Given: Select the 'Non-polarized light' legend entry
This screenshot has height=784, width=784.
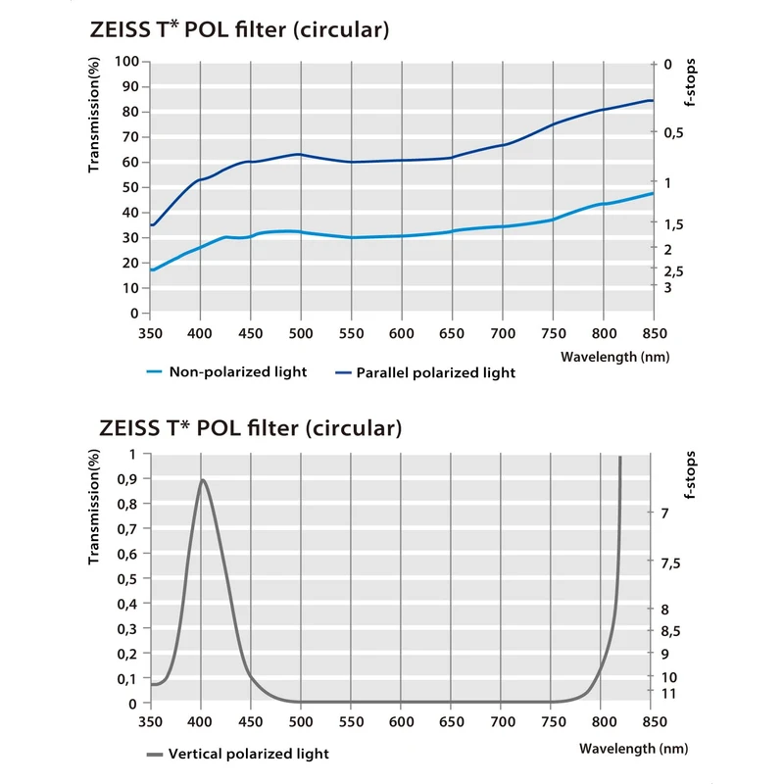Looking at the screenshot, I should point(238,371).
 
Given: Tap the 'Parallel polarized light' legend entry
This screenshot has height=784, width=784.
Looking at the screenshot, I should point(435,372).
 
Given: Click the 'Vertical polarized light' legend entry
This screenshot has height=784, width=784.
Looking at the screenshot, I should point(249,754).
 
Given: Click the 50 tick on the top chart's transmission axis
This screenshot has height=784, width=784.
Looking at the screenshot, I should point(128,187).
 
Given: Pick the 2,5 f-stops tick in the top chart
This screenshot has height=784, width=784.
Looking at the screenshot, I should point(673,270).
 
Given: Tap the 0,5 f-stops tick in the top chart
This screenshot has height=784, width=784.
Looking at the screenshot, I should point(673,133).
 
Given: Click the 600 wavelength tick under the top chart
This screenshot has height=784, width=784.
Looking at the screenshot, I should point(401,332).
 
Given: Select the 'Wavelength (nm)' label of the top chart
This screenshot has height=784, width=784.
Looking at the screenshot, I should point(614,357).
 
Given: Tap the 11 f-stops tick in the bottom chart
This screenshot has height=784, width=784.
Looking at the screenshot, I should point(670,693).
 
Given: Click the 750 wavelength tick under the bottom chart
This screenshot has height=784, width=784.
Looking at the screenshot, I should point(552,722).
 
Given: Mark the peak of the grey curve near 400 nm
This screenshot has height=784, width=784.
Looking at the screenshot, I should point(202,479).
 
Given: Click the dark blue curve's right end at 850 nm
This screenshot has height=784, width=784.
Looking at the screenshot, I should point(652,100).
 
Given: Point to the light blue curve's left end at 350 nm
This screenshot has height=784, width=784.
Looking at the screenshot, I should point(151,269).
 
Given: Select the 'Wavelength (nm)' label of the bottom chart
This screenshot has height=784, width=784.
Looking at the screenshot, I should point(633,748).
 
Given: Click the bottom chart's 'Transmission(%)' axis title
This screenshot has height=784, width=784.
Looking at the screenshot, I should point(95,508).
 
